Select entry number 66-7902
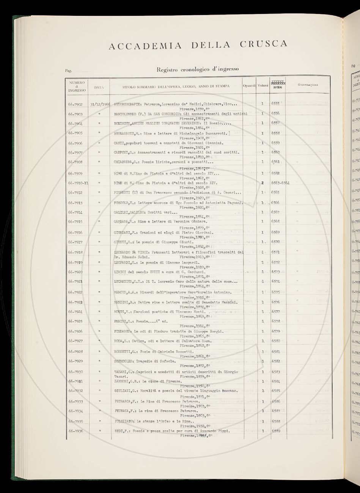coord(76,104)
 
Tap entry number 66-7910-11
coord(78,183)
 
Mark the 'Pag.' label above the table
coord(68,71)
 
